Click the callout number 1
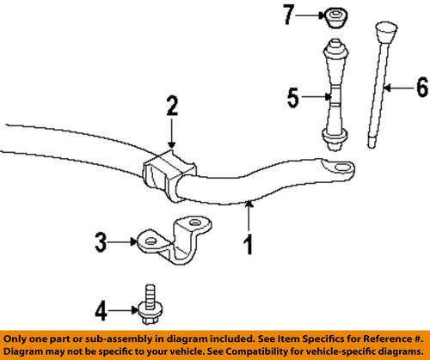point(248,247)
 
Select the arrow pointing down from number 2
point(172,133)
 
